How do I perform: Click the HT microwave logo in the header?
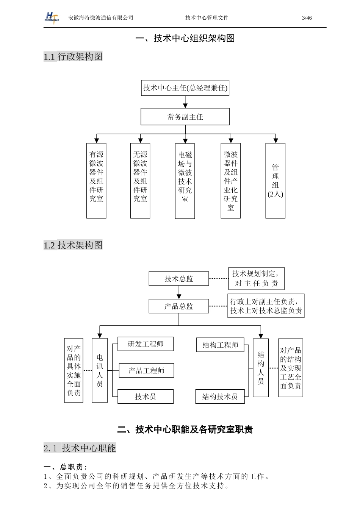(52, 18)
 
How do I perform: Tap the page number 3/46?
(307, 18)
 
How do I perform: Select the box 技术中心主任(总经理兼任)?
(185, 88)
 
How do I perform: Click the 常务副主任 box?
(185, 117)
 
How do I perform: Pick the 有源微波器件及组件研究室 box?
(96, 181)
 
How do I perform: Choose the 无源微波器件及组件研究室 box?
(140, 181)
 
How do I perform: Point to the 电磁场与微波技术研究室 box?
(185, 181)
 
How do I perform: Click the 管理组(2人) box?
(275, 181)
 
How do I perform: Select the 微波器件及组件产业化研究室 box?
(231, 181)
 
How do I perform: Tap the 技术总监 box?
(179, 279)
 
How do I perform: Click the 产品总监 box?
(179, 306)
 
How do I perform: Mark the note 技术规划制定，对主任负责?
(256, 279)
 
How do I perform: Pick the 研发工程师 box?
(146, 344)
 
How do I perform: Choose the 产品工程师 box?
(146, 371)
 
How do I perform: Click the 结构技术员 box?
(220, 397)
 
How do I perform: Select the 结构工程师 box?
(220, 345)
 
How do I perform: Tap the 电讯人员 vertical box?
(100, 370)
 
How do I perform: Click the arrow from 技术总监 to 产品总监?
(179, 292)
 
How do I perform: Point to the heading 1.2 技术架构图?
(73, 245)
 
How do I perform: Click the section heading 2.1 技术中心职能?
(80, 448)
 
